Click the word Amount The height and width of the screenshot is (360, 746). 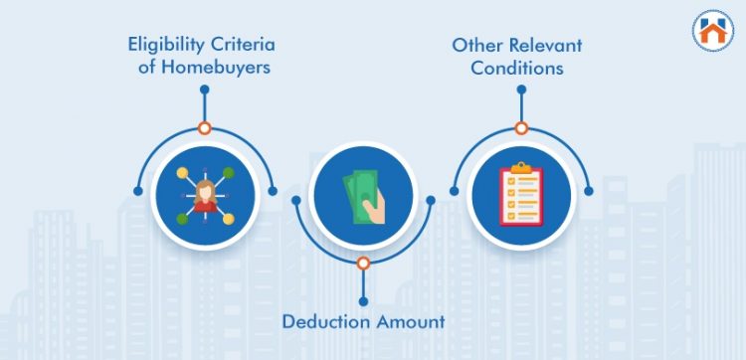pyautogui.click(x=406, y=322)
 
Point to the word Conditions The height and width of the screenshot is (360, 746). pyautogui.click(x=516, y=68)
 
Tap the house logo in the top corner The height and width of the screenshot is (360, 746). pyautogui.click(x=712, y=29)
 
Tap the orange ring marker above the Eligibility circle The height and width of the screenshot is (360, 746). pyautogui.click(x=204, y=128)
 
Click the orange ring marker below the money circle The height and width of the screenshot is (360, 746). pyautogui.click(x=363, y=263)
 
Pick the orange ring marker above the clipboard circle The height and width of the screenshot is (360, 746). pyautogui.click(x=521, y=128)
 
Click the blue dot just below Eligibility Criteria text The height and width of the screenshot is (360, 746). pyautogui.click(x=204, y=90)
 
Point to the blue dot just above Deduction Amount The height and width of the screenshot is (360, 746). pyautogui.click(x=363, y=300)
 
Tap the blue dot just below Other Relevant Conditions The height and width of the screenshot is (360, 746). pyautogui.click(x=521, y=90)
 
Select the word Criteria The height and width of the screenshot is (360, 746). pyautogui.click(x=245, y=46)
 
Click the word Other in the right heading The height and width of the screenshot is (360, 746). pyautogui.click(x=473, y=46)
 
